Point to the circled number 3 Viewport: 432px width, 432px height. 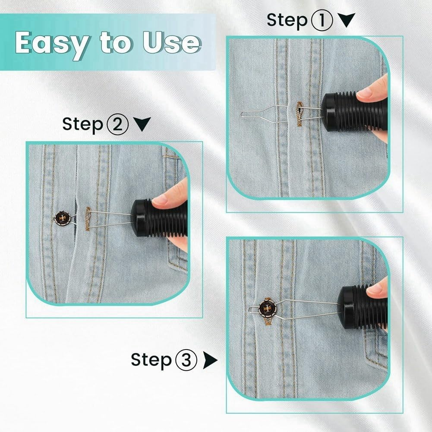pyautogui.click(x=186, y=359)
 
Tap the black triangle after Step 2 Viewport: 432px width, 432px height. pyautogui.click(x=142, y=124)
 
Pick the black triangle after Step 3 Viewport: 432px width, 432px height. pyautogui.click(x=211, y=359)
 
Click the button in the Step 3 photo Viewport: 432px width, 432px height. pyautogui.click(x=266, y=309)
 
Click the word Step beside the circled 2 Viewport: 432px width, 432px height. pyautogui.click(x=82, y=124)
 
